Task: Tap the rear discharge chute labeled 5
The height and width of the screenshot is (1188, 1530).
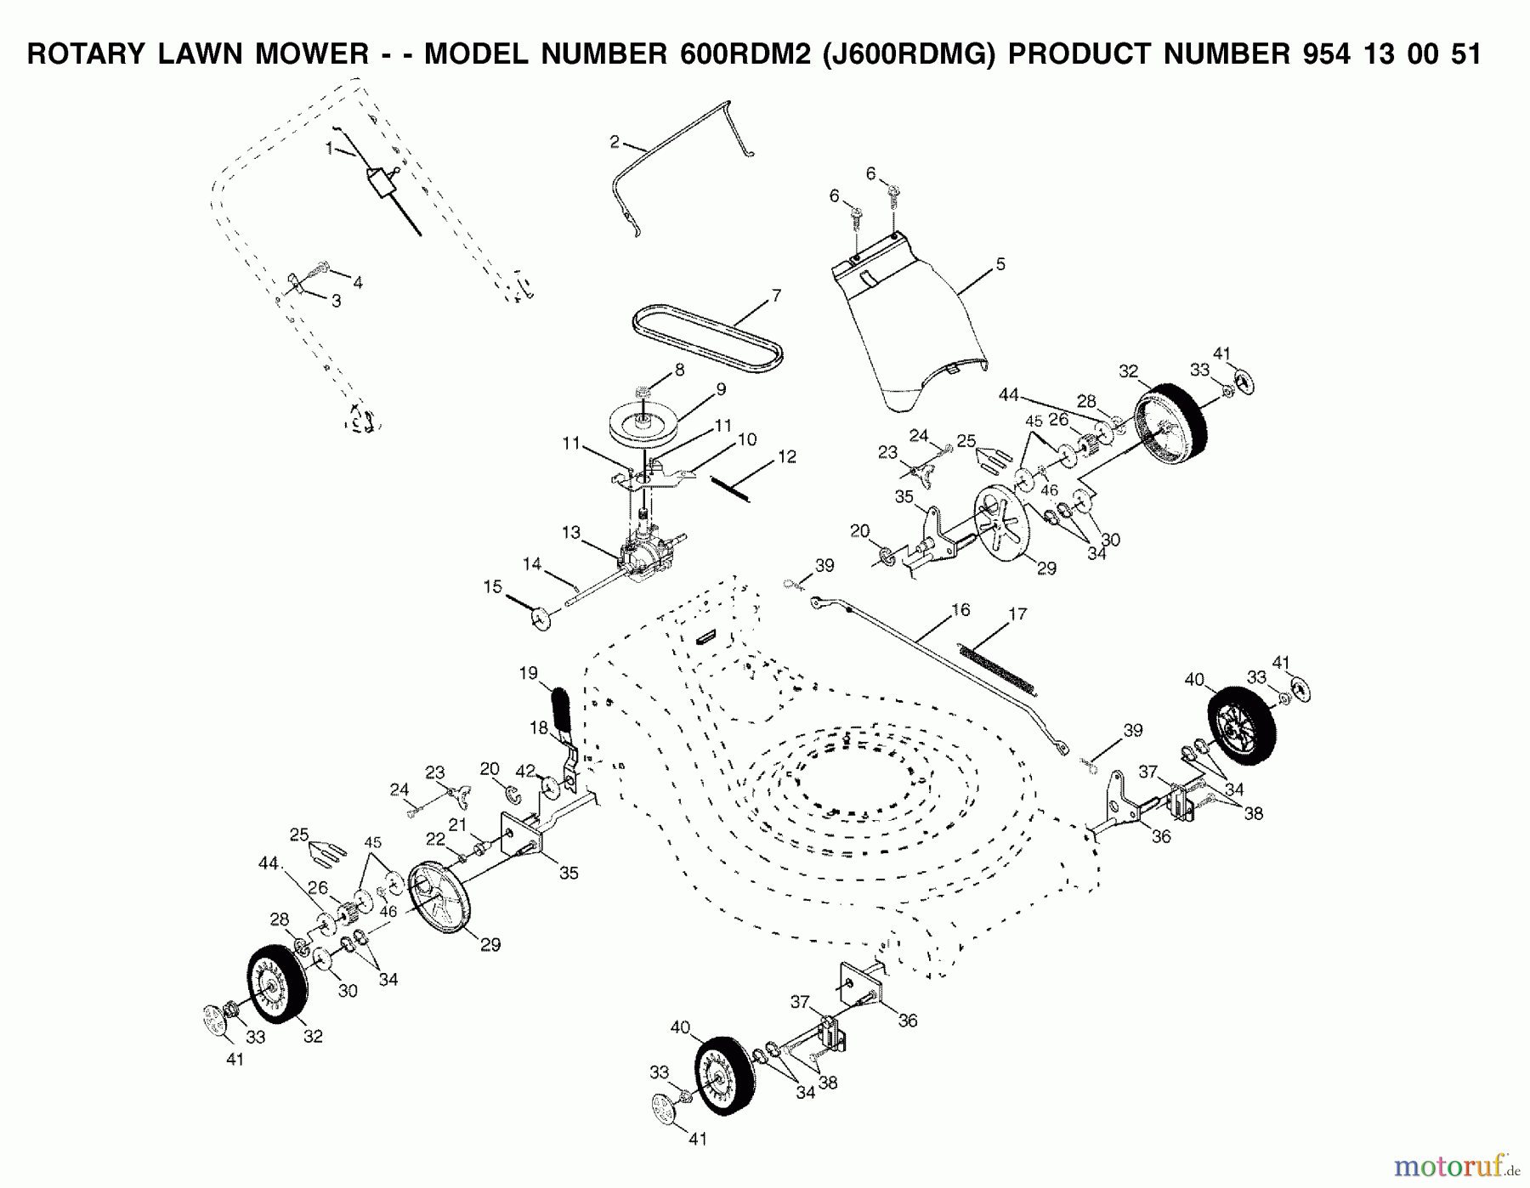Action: pos(909,331)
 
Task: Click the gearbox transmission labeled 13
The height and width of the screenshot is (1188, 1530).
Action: pos(648,554)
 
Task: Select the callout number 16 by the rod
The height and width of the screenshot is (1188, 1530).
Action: pos(960,610)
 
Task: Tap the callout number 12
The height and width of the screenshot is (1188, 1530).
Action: pos(787,457)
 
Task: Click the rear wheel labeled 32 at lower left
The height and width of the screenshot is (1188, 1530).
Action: pos(277,984)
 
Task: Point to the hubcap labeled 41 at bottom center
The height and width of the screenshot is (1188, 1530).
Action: pos(667,1111)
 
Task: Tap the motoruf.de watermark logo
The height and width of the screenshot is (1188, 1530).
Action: pos(1456,1167)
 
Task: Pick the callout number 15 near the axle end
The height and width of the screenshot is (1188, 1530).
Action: pos(493,587)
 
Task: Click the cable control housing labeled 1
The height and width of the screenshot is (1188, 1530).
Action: pos(379,182)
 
